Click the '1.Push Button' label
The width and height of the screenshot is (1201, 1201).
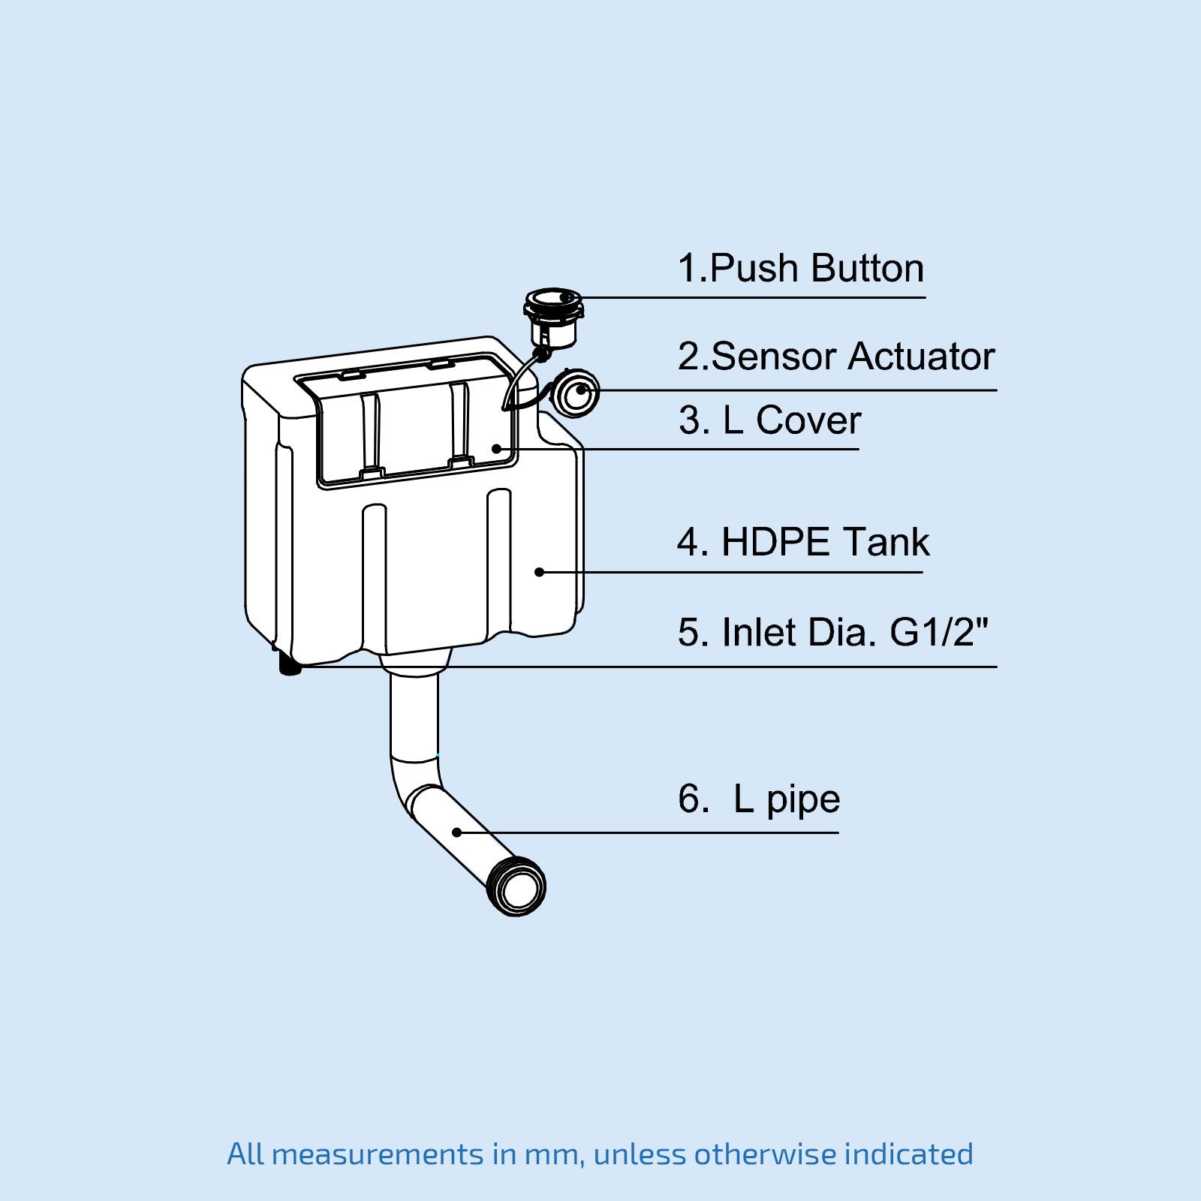(800, 269)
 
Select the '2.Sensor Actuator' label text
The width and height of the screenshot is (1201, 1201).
(835, 357)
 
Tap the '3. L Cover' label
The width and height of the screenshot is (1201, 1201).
(769, 420)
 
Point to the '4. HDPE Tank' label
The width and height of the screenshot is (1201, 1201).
(802, 543)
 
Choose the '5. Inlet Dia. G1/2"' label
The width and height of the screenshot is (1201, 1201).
(832, 632)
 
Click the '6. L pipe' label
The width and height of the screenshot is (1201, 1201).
(758, 799)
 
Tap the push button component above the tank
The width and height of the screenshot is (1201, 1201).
(554, 316)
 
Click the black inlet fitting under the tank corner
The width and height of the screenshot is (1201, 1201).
(290, 664)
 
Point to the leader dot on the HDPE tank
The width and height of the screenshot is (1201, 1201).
(539, 572)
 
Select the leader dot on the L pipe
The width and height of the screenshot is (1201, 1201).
(456, 832)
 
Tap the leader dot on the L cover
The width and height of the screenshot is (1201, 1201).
(496, 449)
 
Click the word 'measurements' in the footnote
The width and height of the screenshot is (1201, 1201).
(378, 1154)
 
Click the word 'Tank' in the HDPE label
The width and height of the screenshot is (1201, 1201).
(885, 543)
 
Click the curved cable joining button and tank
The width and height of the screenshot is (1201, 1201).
(518, 379)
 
